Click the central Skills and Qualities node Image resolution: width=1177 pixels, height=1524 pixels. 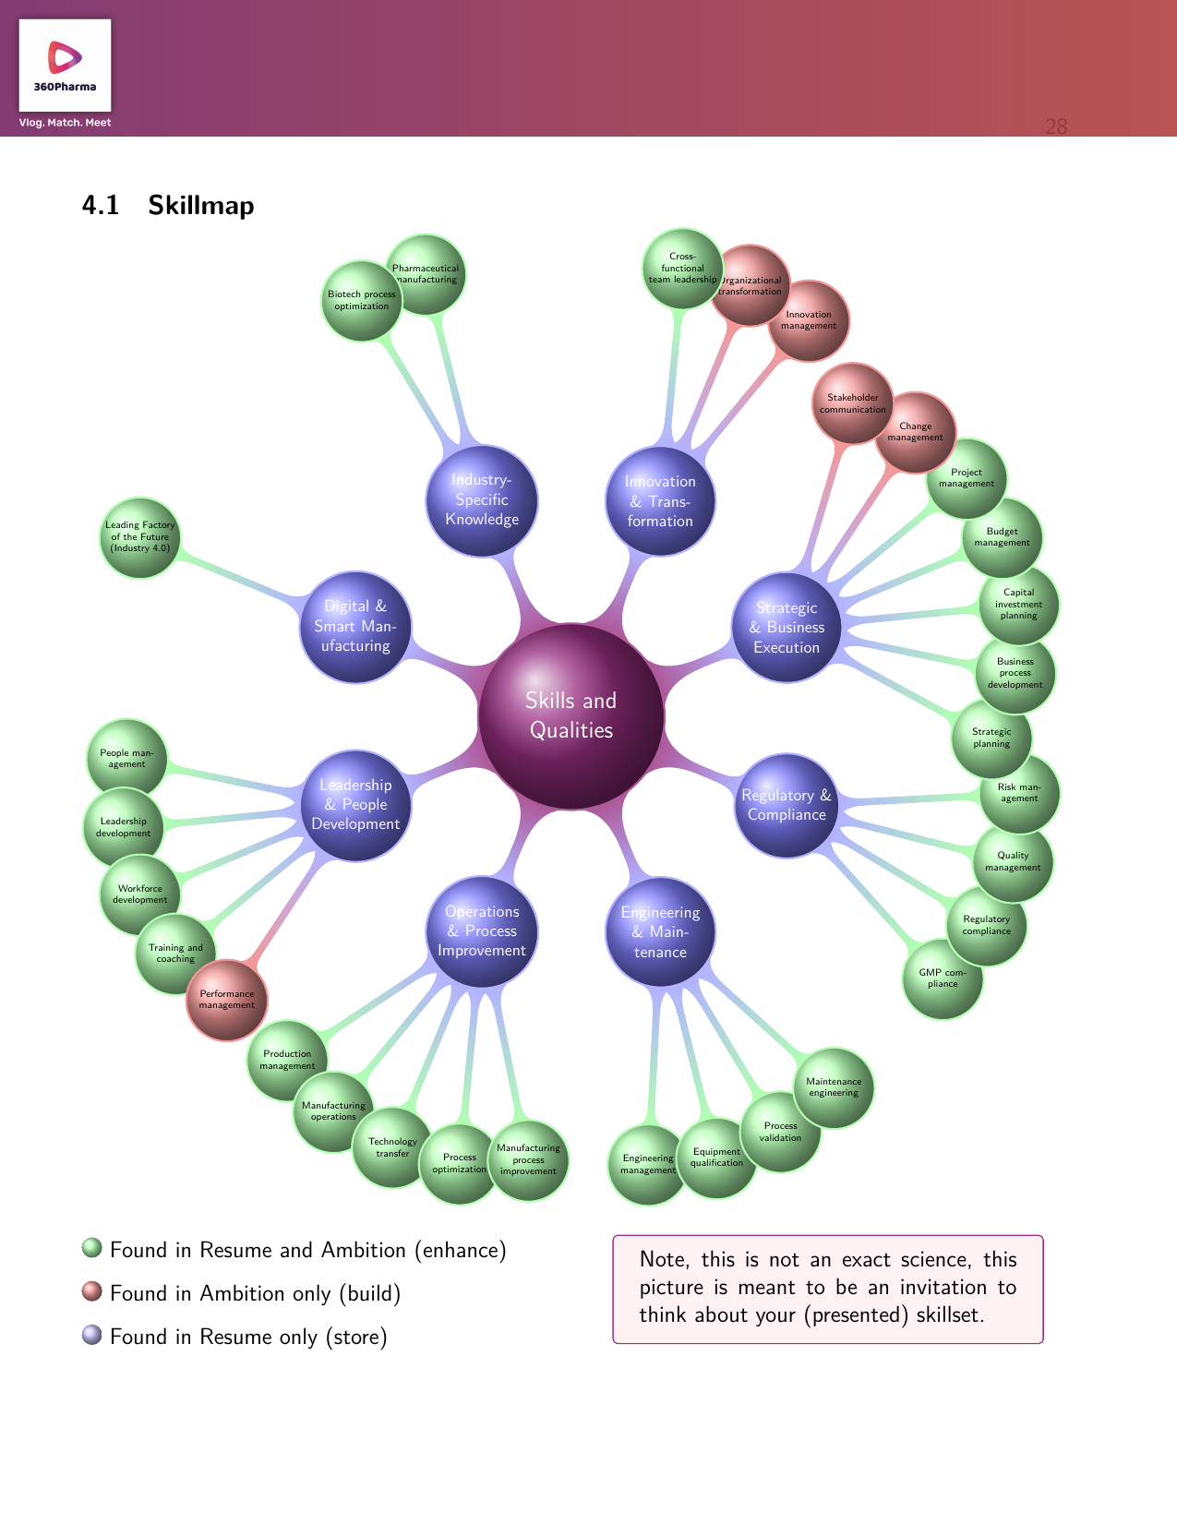571,715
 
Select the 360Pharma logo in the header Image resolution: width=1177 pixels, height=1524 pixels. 65,66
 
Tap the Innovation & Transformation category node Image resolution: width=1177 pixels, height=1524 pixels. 660,501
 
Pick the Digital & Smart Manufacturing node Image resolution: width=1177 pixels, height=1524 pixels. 355,626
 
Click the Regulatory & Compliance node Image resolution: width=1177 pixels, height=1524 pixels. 787,805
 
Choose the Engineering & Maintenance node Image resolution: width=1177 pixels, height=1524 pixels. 660,931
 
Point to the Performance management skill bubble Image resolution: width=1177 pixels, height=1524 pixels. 227,1000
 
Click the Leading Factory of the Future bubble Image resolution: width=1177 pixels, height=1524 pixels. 139,536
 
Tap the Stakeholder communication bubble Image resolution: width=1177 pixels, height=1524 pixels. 853,403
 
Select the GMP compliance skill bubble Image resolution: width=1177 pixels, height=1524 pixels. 943,978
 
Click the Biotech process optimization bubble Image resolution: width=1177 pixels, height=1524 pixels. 361,300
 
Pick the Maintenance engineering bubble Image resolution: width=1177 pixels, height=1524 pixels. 834,1087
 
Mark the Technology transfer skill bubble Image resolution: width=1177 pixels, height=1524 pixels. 392,1147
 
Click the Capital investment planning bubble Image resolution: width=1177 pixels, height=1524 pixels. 1018,604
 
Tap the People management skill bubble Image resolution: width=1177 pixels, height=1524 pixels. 126,758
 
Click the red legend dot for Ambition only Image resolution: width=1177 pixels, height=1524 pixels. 91,1290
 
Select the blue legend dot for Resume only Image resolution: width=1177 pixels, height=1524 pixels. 91,1334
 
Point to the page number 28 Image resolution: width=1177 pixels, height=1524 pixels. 1056,126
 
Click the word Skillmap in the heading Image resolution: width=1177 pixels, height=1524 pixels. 201,205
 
